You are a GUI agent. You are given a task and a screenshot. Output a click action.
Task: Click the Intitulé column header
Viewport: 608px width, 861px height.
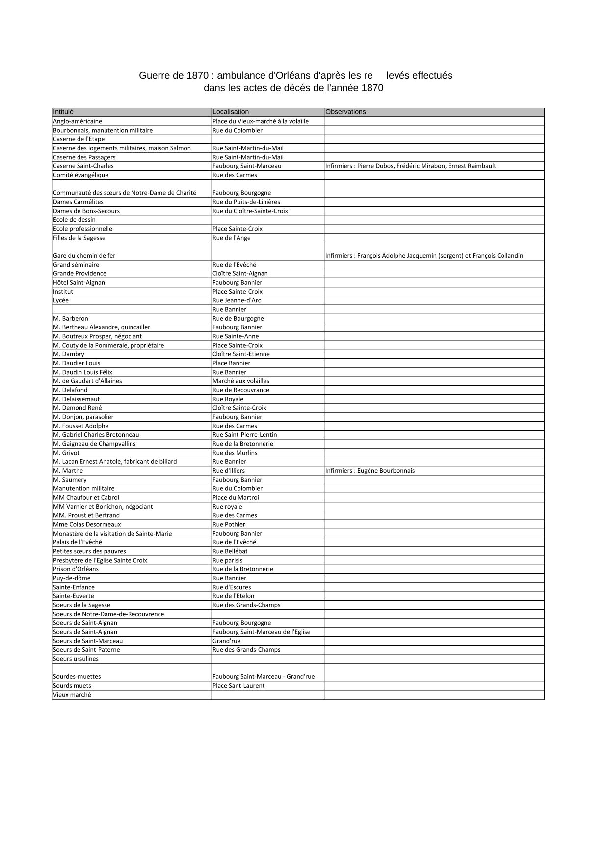tap(63, 112)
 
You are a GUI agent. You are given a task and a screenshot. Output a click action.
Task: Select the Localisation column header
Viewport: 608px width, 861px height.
tap(231, 112)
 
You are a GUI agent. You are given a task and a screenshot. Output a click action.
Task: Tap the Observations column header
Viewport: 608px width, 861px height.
tap(345, 112)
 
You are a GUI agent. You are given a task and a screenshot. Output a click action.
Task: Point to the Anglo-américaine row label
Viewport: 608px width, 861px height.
tap(78, 121)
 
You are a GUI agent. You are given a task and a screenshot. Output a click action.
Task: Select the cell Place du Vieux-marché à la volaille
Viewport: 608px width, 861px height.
tap(261, 121)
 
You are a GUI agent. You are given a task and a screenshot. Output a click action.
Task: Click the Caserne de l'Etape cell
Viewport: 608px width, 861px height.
tap(79, 139)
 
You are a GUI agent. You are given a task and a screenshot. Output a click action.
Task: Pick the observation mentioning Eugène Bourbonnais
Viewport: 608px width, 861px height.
tap(370, 471)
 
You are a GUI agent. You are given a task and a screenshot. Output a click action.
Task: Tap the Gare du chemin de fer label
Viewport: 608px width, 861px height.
tap(84, 256)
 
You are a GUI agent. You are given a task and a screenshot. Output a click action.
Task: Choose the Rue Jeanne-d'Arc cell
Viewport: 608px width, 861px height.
tap(237, 300)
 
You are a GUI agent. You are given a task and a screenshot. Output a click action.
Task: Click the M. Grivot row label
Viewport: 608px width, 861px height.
tap(66, 453)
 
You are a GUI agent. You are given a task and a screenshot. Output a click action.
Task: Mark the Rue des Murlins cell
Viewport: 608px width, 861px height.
tap(235, 453)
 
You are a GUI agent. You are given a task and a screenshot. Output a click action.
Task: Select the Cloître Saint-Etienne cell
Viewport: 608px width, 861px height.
tap(241, 354)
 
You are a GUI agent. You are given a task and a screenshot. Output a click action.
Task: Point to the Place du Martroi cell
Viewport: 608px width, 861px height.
tap(236, 498)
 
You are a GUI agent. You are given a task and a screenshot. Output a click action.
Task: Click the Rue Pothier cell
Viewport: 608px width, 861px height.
tap(229, 525)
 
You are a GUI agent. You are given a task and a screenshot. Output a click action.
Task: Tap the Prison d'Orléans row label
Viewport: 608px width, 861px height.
tap(76, 569)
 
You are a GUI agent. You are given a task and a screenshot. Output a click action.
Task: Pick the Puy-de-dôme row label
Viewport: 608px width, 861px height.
tap(72, 578)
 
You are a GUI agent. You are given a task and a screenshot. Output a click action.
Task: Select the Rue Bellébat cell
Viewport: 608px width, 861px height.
tap(230, 551)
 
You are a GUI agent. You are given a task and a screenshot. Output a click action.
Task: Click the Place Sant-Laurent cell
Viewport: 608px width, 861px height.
tap(238, 686)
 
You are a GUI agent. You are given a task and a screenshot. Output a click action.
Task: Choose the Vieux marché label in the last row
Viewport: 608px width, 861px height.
tap(72, 695)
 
